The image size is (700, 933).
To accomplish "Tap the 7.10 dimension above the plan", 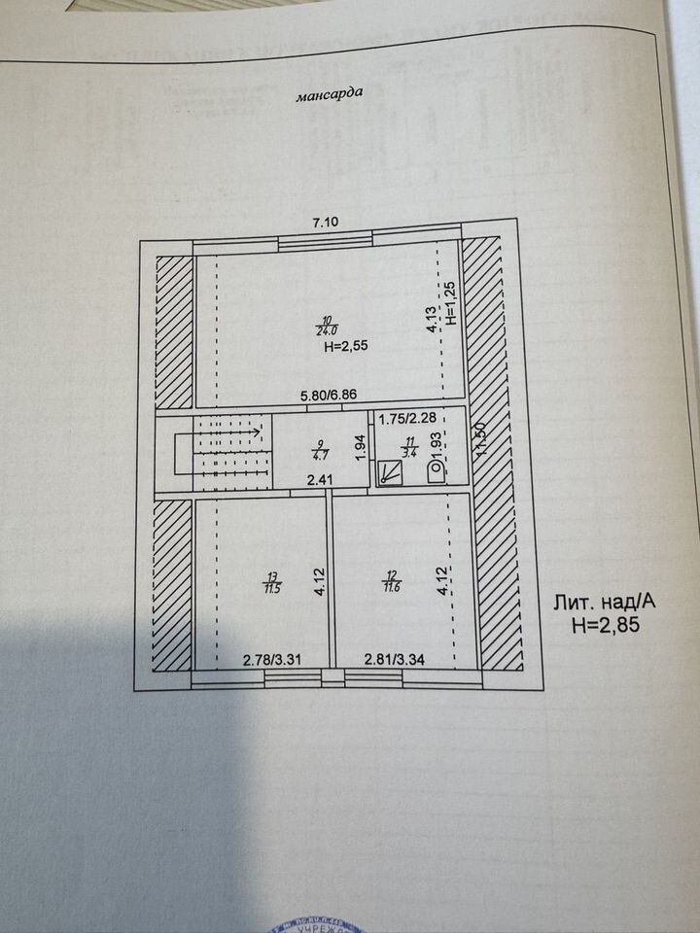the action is point(326,224).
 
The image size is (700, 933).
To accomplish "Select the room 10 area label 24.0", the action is point(326,327).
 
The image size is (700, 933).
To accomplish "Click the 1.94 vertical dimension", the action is point(360,447).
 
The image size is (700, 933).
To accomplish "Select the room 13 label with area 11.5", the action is point(269,582).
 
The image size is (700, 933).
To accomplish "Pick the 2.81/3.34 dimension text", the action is point(395,660).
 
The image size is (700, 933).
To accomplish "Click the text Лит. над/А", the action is point(604,602).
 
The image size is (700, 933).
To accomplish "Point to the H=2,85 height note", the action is point(604,624).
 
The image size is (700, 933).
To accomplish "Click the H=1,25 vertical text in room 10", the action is point(450,302).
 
